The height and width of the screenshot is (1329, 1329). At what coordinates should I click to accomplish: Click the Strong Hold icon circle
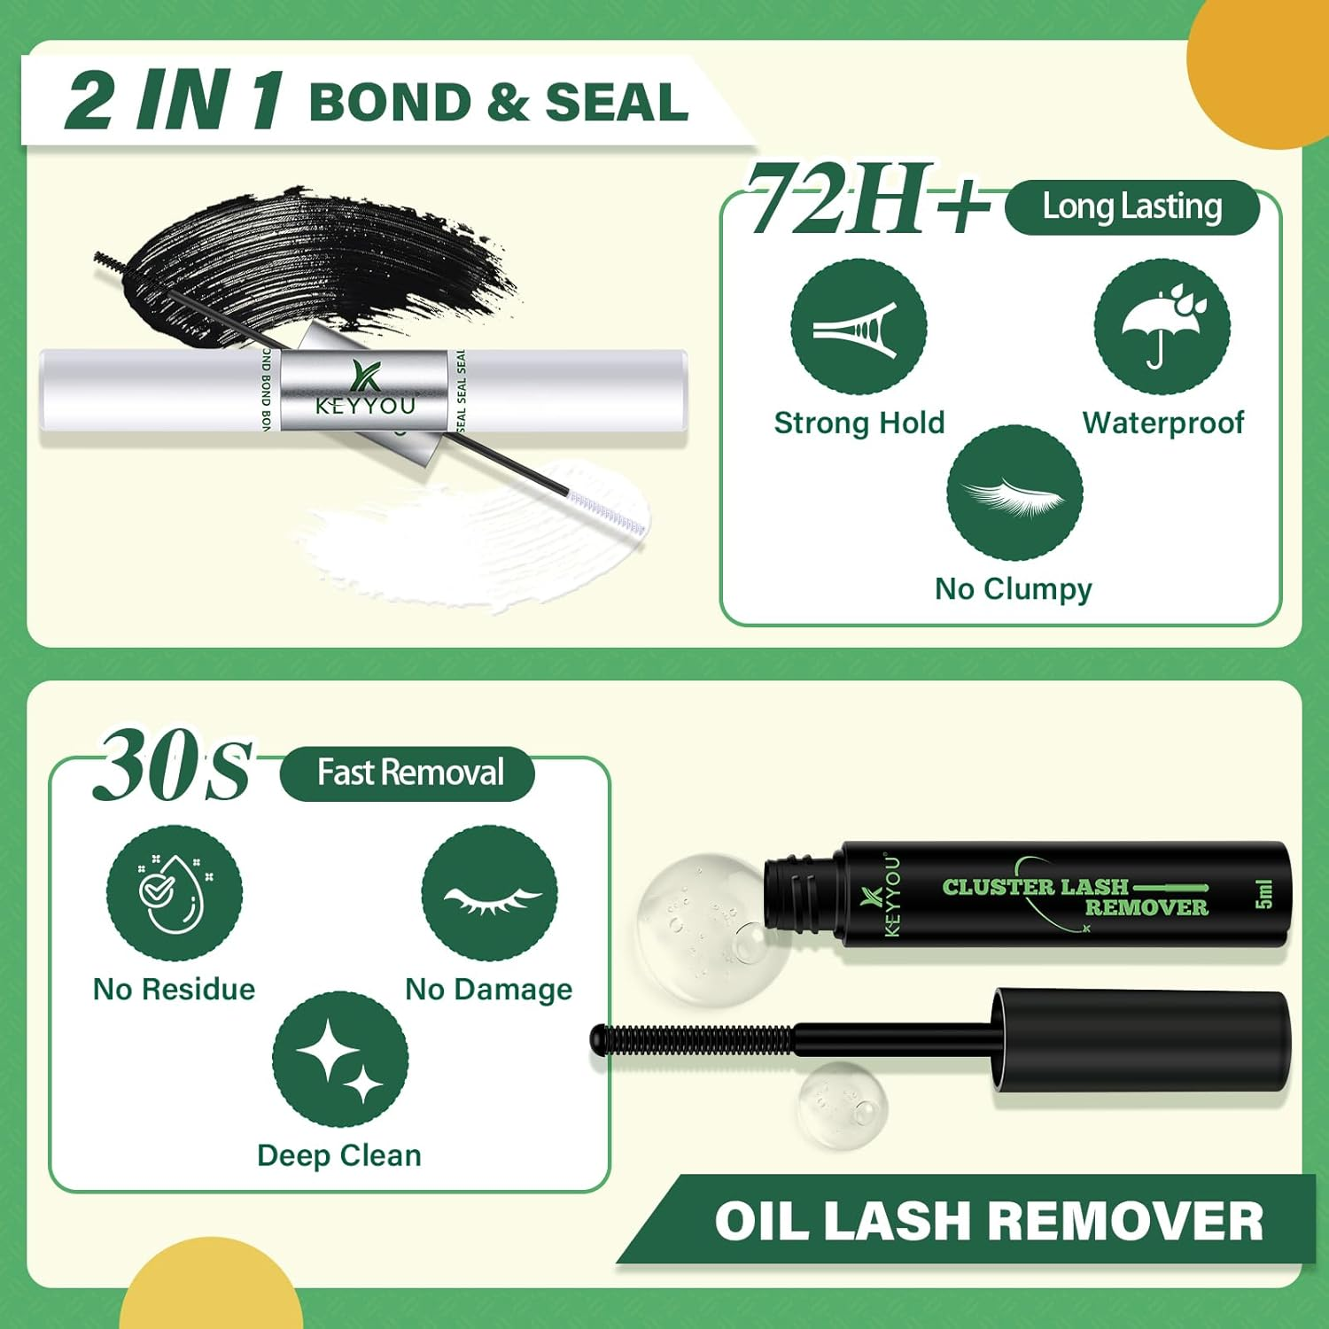pyautogui.click(x=859, y=327)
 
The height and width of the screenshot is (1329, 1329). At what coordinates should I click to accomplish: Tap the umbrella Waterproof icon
pyautogui.click(x=1162, y=327)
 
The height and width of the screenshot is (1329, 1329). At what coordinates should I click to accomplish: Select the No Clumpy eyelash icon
pyautogui.click(x=1014, y=494)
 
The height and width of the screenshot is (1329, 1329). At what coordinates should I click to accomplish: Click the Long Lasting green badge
pyautogui.click(x=1131, y=207)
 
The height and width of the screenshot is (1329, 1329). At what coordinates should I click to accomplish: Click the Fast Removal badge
pyautogui.click(x=408, y=773)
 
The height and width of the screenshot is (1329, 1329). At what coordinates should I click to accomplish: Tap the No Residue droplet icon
pyautogui.click(x=175, y=893)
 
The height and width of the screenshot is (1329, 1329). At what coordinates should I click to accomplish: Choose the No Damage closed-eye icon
pyautogui.click(x=489, y=893)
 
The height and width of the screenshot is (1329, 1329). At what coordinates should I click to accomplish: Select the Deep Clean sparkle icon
pyautogui.click(x=340, y=1060)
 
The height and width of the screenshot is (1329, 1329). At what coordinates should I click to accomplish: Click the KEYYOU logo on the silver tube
pyautogui.click(x=364, y=390)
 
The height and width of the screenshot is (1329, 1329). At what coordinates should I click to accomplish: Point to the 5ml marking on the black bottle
pyautogui.click(x=1263, y=894)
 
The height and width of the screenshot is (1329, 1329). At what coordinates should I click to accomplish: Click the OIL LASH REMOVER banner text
pyautogui.click(x=988, y=1221)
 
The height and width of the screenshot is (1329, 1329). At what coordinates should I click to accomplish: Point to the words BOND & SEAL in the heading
pyautogui.click(x=498, y=102)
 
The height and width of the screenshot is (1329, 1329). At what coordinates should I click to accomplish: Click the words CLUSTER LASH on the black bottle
pyautogui.click(x=1035, y=887)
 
